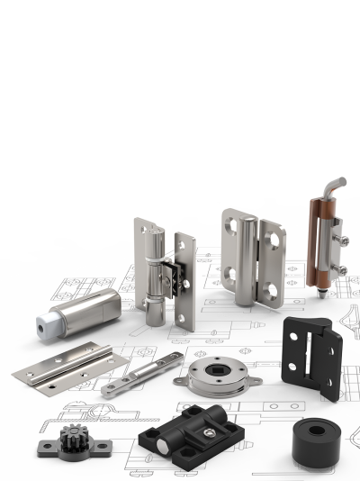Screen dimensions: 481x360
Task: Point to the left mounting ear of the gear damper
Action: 41,447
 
